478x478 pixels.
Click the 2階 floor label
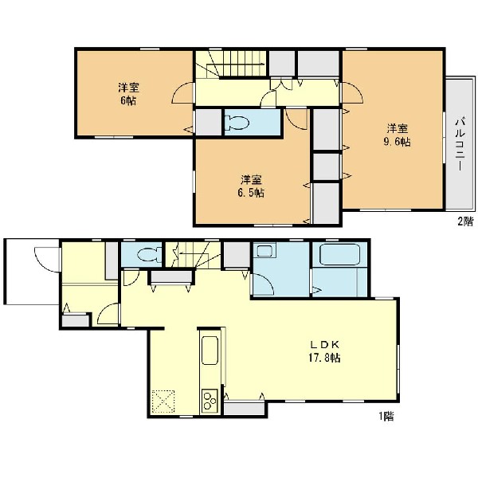pyautogui.click(x=466, y=221)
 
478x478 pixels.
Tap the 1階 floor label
pyautogui.click(x=386, y=416)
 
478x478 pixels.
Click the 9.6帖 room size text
pyautogui.click(x=397, y=142)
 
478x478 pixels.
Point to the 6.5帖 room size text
pyautogui.click(x=251, y=193)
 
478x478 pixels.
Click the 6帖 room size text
pyautogui.click(x=128, y=100)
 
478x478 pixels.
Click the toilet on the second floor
pyautogui.click(x=237, y=123)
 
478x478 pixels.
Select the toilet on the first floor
pyautogui.click(x=150, y=254)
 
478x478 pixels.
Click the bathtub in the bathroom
pyautogui.click(x=339, y=255)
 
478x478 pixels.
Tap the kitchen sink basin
pyautogui.click(x=210, y=351)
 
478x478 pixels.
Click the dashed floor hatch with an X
pyautogui.click(x=163, y=401)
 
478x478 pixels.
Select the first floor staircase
pyautogui.click(x=193, y=255)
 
